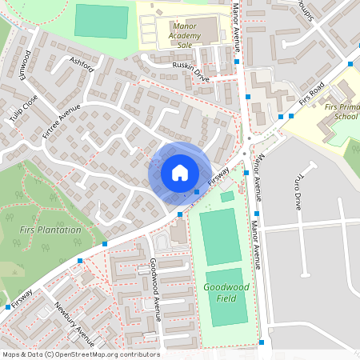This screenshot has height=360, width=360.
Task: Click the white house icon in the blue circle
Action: (x=180, y=172)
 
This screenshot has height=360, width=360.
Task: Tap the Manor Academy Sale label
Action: (x=190, y=36)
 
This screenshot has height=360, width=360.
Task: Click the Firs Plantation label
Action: (x=50, y=230)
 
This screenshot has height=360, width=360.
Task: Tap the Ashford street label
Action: (x=82, y=64)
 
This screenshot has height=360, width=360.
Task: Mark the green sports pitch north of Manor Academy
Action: (x=101, y=21)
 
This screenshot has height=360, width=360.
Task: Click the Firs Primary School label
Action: (x=334, y=110)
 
